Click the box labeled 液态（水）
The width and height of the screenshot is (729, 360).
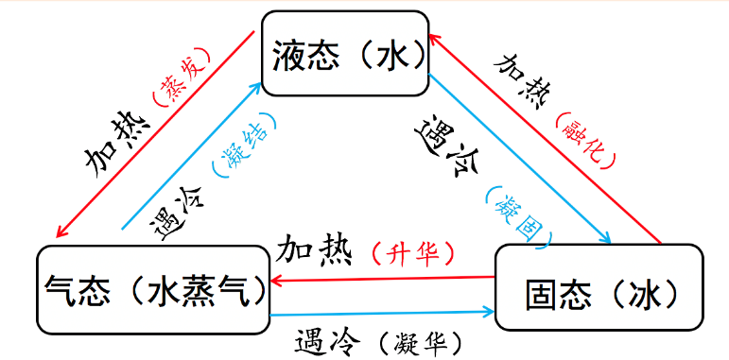[x=344, y=54]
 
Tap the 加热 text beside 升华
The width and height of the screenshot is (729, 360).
[x=314, y=249]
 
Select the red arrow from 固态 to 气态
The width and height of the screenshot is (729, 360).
[x=383, y=279]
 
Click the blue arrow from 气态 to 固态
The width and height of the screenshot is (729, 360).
[x=383, y=311]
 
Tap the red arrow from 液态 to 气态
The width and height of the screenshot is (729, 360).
[x=156, y=132]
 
